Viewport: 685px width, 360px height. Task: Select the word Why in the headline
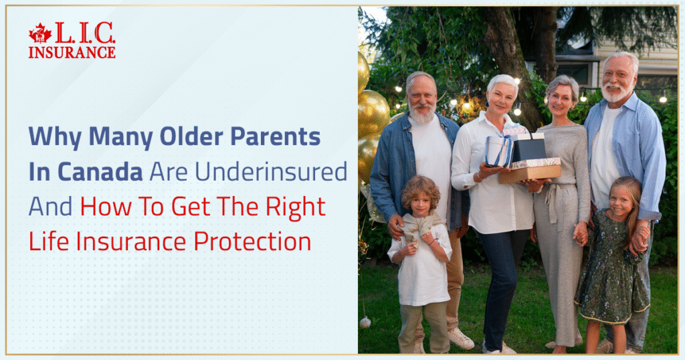pos(50,137)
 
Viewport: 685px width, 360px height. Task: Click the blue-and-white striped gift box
pos(498,150)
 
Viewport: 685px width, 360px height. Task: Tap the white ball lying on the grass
pos(365,323)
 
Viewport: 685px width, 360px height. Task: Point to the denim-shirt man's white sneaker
pos(461,339)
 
